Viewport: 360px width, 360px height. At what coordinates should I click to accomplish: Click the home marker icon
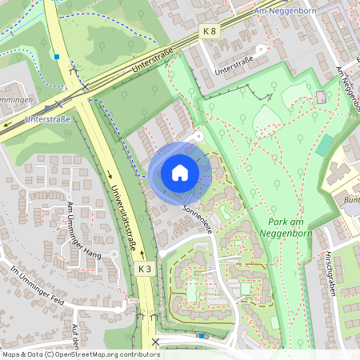[x=180, y=173]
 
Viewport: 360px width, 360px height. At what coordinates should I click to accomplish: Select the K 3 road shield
[x=145, y=270]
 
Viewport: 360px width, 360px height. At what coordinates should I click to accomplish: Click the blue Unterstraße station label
[x=48, y=119]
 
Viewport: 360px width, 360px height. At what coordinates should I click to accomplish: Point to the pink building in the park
[x=322, y=97]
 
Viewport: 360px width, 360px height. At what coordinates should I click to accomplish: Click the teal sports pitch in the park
[x=325, y=145]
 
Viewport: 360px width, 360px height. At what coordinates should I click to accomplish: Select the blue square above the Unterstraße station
[x=57, y=57]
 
